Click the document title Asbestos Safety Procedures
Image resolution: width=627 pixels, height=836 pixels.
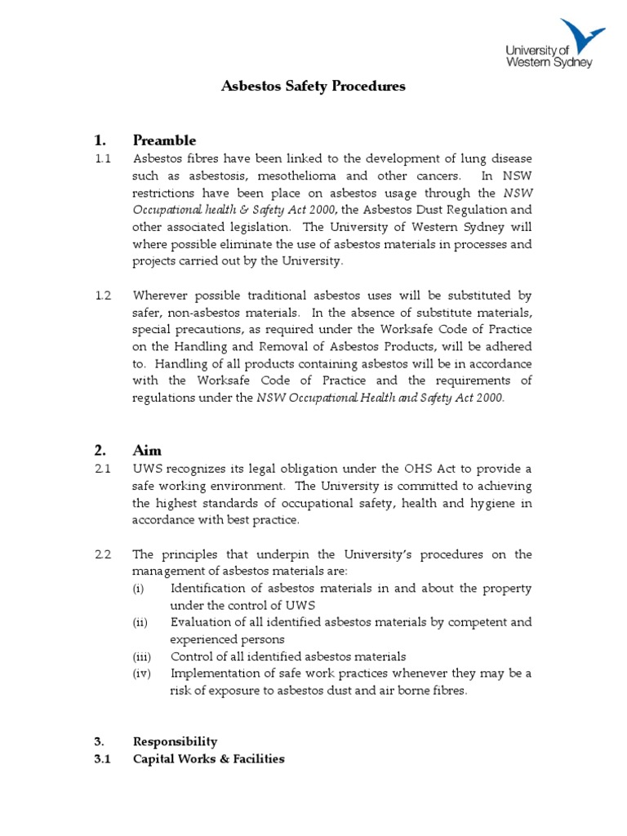pos(313,86)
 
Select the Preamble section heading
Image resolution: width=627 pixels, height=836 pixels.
pos(164,140)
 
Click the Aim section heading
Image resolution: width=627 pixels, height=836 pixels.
pos(147,450)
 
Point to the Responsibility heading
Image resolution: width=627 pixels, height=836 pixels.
pos(175,741)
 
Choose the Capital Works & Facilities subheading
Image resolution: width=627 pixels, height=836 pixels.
pos(208,758)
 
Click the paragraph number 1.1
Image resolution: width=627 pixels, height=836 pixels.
pos(102,158)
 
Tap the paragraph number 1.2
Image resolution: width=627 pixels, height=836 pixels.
pos(102,295)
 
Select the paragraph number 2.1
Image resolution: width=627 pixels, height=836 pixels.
pos(102,469)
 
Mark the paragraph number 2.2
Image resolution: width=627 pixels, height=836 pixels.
pos(102,554)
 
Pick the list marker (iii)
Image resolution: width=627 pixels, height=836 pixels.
pos(142,656)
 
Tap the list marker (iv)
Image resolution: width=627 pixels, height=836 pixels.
pos(142,674)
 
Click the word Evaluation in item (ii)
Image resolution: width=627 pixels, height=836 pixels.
pos(200,622)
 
